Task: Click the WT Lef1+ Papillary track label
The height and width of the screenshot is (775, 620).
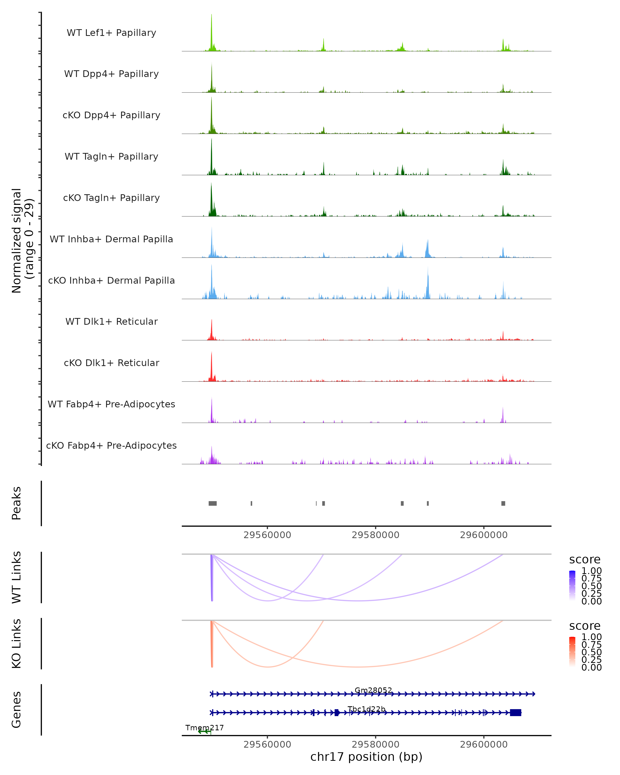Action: (111, 33)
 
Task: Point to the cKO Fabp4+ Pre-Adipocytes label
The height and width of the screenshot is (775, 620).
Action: (111, 445)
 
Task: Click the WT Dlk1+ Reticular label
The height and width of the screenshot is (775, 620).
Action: (111, 321)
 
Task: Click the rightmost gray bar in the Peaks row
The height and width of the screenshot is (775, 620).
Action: (503, 503)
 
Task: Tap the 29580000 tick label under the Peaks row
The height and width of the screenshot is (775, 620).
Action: (375, 535)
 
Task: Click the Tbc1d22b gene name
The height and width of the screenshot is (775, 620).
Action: (366, 709)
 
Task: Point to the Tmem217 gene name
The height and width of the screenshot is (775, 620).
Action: (205, 727)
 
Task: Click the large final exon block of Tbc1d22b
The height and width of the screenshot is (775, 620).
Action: (515, 712)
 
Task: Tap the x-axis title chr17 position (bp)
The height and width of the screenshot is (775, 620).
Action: (366, 757)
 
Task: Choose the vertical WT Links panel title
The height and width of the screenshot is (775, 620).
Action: (17, 577)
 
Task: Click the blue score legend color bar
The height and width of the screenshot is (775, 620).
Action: (572, 586)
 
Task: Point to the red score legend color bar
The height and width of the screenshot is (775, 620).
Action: (572, 652)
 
